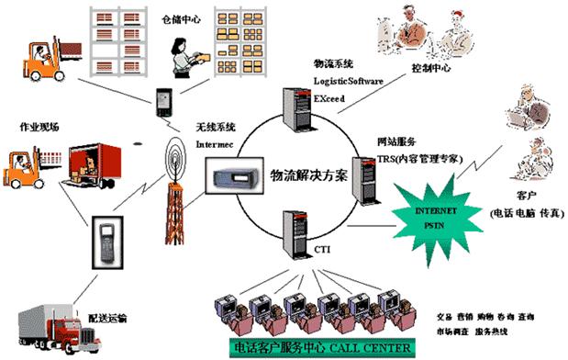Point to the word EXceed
(330, 96)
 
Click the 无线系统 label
(215, 128)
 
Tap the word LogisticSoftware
(349, 80)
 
